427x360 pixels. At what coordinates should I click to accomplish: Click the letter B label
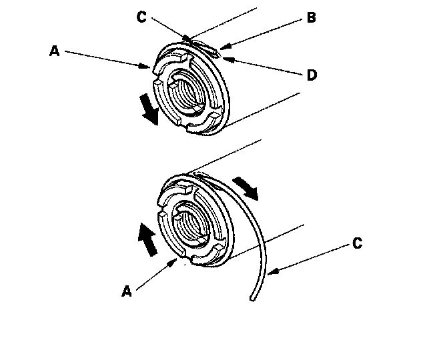tap(312, 19)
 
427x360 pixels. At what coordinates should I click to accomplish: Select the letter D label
tap(312, 75)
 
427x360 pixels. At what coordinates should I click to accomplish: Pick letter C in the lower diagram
tap(358, 244)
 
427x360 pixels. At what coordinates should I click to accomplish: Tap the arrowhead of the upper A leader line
tap(151, 67)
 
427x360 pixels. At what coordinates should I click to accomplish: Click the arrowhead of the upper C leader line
tap(189, 41)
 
